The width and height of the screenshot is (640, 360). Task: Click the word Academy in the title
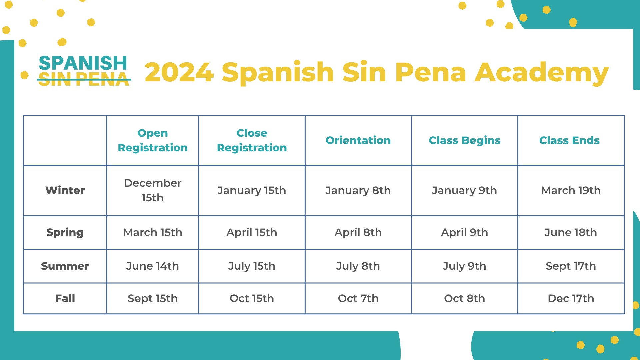click(x=542, y=72)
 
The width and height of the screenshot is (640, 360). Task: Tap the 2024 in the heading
click(x=179, y=72)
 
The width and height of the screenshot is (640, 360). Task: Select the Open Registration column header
click(x=153, y=140)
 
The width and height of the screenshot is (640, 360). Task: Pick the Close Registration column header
click(x=252, y=140)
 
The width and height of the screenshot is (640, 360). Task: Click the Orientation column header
click(x=358, y=140)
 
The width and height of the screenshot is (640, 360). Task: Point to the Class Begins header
click(x=464, y=140)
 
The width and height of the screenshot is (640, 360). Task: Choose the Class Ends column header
click(x=569, y=140)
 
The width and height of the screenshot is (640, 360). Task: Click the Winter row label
click(x=65, y=190)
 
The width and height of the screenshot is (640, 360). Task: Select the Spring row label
click(x=65, y=232)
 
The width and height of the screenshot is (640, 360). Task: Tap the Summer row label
click(x=65, y=266)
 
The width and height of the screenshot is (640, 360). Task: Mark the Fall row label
click(x=65, y=298)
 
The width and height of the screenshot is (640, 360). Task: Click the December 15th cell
click(x=153, y=190)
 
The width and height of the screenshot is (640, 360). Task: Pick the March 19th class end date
click(x=571, y=190)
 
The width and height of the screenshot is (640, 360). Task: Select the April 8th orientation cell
click(x=358, y=232)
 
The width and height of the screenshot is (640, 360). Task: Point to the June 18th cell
click(x=571, y=232)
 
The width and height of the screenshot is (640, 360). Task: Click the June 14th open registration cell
click(x=153, y=266)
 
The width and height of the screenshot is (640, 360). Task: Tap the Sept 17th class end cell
click(x=571, y=266)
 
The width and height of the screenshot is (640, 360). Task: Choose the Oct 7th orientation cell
click(x=358, y=298)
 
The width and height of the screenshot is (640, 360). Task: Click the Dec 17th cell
click(x=571, y=298)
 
